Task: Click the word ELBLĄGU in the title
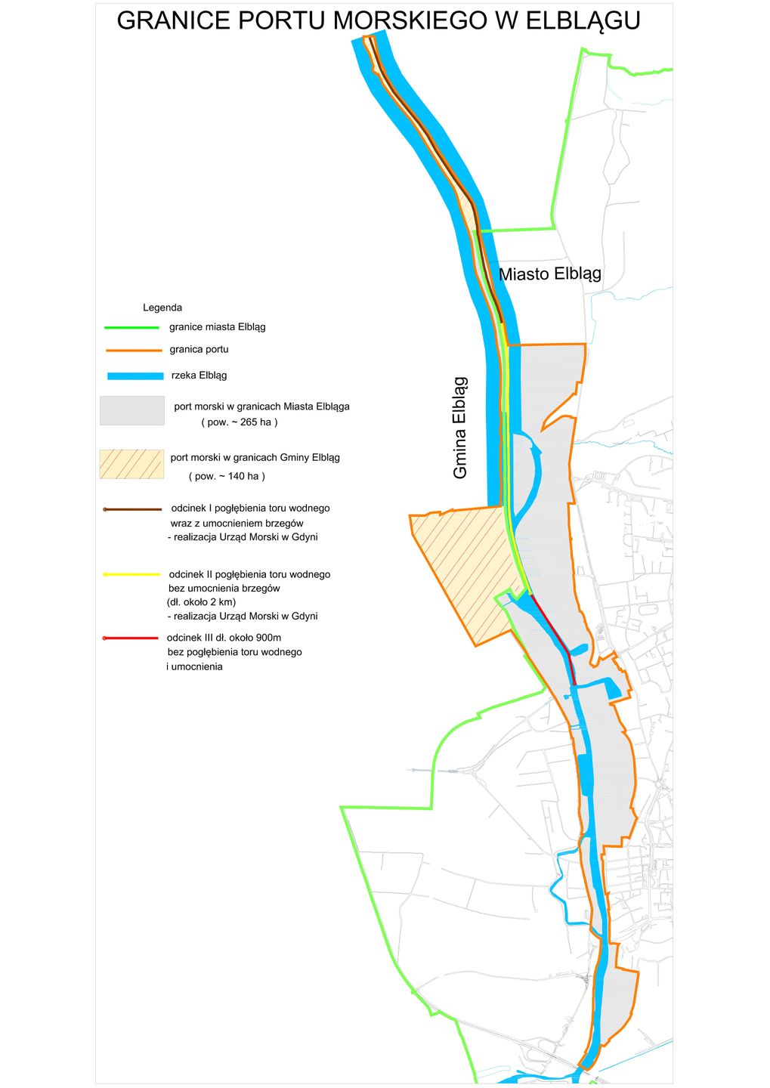coord(583,21)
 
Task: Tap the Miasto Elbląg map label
coord(550,274)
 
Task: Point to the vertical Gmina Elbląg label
coord(460,428)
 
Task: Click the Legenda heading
coord(162,308)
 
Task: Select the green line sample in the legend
coord(131,328)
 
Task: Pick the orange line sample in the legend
coord(133,351)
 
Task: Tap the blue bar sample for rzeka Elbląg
coord(135,376)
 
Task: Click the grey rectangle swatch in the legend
coord(132,410)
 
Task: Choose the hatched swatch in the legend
coord(131,464)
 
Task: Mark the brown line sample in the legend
coord(133,509)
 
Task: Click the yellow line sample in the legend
coord(132,575)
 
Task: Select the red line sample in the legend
coord(131,638)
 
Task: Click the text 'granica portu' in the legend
coord(199,349)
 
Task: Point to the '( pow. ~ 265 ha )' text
coord(240,422)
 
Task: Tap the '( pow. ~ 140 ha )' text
coord(227,476)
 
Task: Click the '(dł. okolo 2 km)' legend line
coord(201,602)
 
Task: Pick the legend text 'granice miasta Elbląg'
coord(218,327)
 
